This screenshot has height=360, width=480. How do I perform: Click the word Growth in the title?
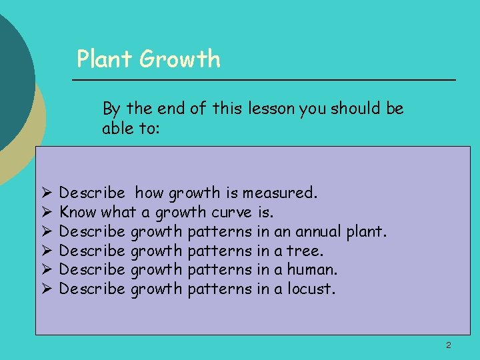180,59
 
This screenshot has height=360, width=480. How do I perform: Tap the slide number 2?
449,345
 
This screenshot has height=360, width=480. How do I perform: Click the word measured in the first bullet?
279,193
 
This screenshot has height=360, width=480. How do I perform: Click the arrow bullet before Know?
46,213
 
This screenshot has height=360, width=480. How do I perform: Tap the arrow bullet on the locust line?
46,289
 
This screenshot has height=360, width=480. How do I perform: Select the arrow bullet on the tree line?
46,251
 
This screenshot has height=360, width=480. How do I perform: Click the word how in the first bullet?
149,193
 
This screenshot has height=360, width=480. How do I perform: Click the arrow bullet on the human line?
46,270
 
